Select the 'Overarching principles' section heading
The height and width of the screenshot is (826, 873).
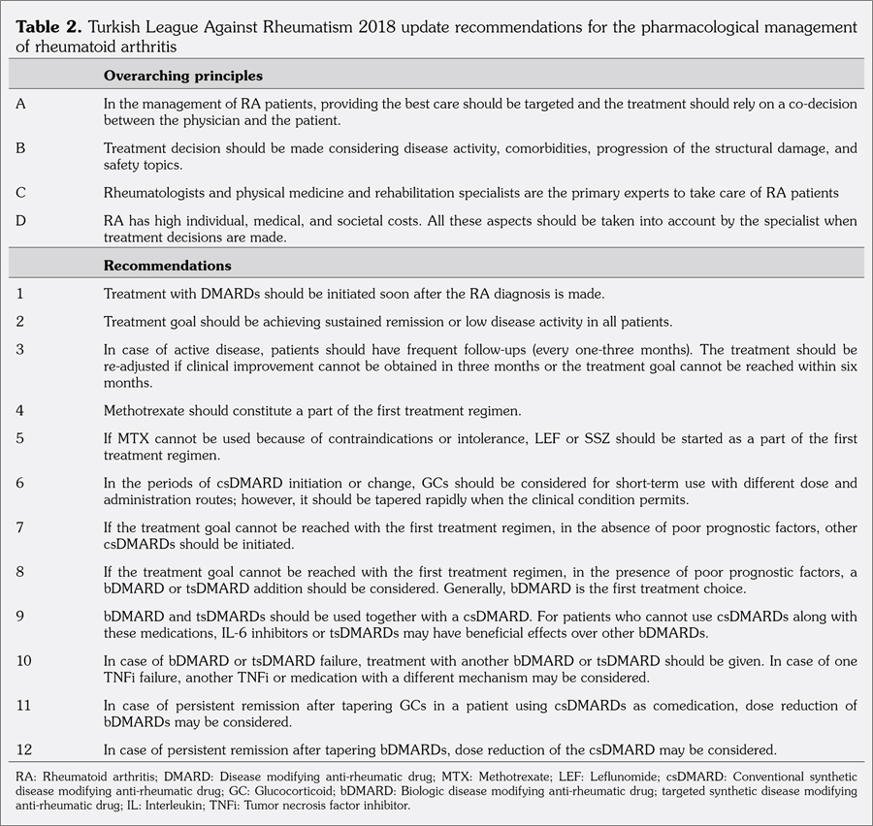(x=183, y=75)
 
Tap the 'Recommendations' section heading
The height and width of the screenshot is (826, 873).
(x=168, y=265)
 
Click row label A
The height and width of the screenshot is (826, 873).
(x=21, y=102)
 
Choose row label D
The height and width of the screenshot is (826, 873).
(x=21, y=221)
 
